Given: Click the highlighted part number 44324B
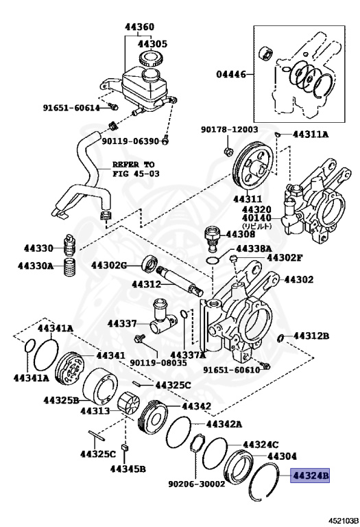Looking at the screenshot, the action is click(x=310, y=476).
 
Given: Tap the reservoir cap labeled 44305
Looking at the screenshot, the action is click(x=152, y=58).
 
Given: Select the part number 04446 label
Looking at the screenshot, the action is click(x=230, y=74).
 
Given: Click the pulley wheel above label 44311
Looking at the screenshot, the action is click(x=252, y=167).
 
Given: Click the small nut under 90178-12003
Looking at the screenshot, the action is click(x=228, y=151).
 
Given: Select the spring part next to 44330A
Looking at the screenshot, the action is click(x=69, y=267).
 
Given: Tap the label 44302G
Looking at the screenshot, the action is click(x=108, y=266).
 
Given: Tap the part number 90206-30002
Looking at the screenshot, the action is click(x=196, y=484).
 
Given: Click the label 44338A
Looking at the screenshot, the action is click(x=254, y=248).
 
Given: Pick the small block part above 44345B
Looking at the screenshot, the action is click(x=125, y=447).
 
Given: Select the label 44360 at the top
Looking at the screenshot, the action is click(x=139, y=27).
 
